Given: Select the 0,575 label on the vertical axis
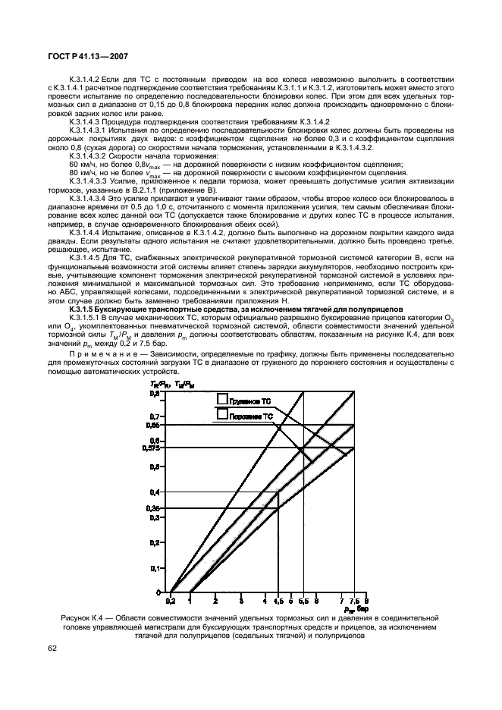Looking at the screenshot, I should pyautogui.click(x=152, y=448).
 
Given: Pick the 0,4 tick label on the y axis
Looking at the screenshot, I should pyautogui.click(x=155, y=492).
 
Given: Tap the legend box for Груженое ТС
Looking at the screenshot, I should pyautogui.click(x=222, y=399).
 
